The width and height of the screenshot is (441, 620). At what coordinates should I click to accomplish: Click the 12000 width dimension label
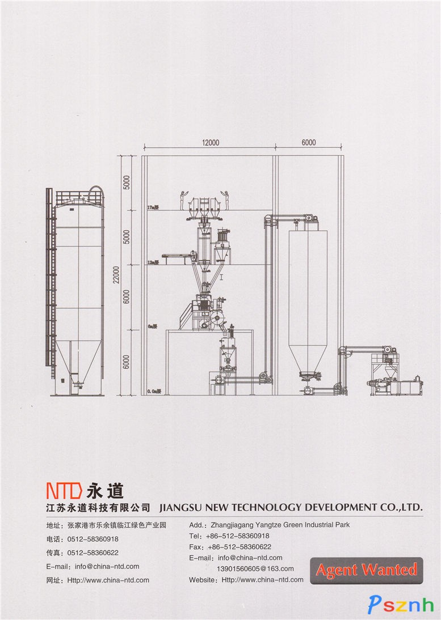(210, 143)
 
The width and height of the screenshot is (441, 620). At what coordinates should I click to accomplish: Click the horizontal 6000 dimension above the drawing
(308, 143)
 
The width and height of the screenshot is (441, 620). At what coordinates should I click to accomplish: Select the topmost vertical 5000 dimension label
(127, 182)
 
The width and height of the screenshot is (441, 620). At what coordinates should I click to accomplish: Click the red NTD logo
(64, 489)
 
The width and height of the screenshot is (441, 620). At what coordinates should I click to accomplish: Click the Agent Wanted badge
(366, 570)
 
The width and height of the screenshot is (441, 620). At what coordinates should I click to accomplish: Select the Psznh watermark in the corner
(401, 604)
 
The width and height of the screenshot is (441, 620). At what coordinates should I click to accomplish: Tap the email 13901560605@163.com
(255, 568)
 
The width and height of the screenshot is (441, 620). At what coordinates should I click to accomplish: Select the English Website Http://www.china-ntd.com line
(246, 580)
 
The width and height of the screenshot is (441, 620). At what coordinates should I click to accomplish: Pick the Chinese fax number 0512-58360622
(93, 553)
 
